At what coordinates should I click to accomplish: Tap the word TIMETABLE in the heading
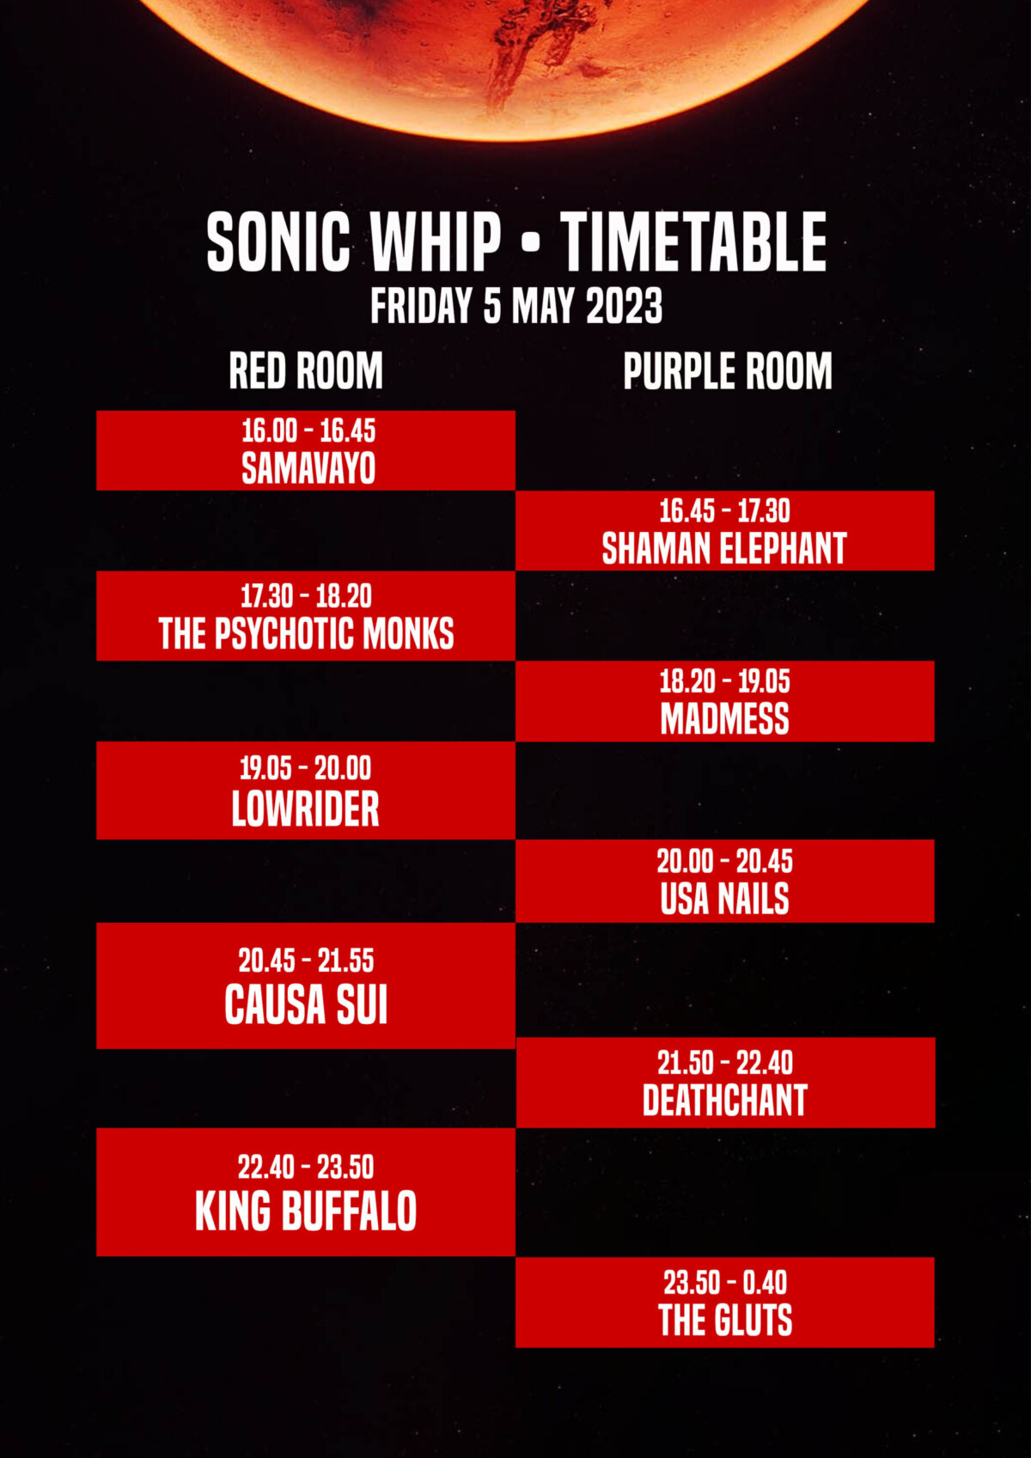point(694,242)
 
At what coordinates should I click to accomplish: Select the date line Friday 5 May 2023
point(516,305)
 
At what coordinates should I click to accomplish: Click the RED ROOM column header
point(306,371)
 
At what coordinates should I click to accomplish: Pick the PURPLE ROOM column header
point(728,371)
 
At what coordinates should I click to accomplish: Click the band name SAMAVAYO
point(308,468)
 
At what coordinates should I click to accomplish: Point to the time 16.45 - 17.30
point(724,511)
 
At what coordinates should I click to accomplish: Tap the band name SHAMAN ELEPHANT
point(724,548)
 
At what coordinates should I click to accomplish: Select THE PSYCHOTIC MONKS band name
point(306,633)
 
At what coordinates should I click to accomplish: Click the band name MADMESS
point(724,719)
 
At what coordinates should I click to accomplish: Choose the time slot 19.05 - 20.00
point(305,768)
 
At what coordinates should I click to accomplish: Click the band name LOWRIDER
point(305,809)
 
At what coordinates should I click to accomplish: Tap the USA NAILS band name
point(724,899)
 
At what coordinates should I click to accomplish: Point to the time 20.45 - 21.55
point(306,960)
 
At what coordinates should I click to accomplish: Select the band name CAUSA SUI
point(306,1004)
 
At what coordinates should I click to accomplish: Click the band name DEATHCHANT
point(725,1101)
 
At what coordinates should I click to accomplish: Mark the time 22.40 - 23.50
point(306,1167)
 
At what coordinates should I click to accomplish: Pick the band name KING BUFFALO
point(306,1211)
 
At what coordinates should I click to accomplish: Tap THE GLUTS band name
point(725,1320)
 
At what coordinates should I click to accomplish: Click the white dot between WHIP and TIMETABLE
point(531,242)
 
